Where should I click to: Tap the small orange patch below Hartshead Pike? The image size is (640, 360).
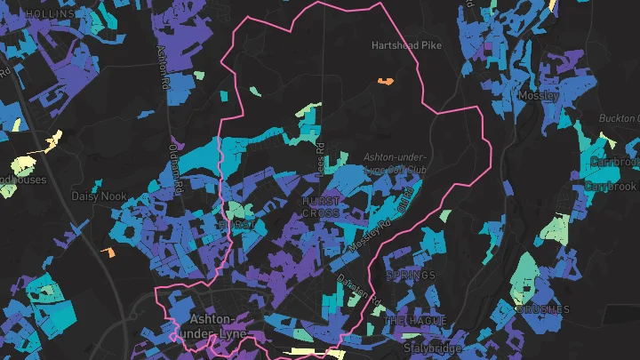pos(386,81)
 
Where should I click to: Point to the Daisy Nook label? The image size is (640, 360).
pos(96,195)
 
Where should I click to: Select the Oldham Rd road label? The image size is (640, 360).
pos(176,162)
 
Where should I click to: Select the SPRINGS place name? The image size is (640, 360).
pos(411,276)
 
